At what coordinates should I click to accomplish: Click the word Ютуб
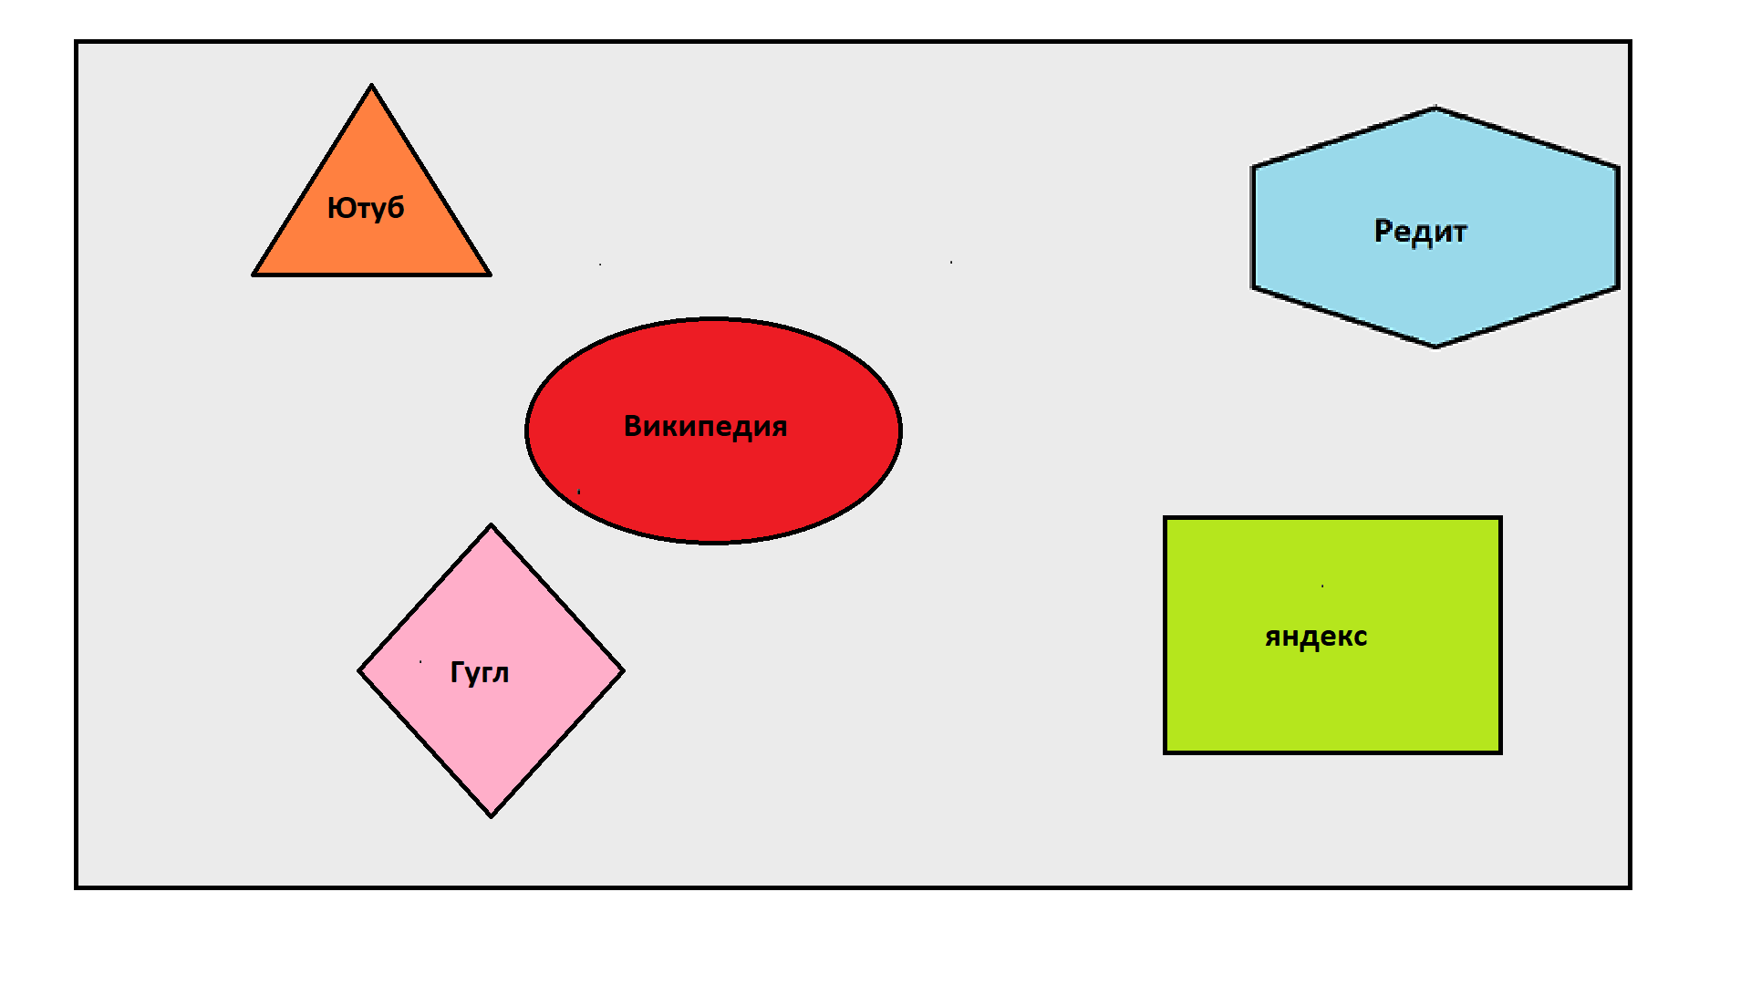366,209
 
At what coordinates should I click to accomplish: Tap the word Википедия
705,427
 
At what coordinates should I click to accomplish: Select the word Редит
1420,232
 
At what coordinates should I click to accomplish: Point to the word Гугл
480,673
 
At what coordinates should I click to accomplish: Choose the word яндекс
1316,637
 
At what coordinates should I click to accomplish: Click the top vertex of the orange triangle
371,87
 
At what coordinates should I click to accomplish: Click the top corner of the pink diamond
492,526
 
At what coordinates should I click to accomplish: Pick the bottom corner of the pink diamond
492,815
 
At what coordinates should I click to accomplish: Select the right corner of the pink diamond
623,671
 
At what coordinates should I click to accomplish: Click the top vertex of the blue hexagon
1435,109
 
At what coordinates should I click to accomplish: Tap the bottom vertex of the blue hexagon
1435,347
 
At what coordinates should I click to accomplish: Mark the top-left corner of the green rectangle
1166,519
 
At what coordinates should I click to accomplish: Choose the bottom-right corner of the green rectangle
1500,752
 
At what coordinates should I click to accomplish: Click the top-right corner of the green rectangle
1500,519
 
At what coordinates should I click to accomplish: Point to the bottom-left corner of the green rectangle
1166,752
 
